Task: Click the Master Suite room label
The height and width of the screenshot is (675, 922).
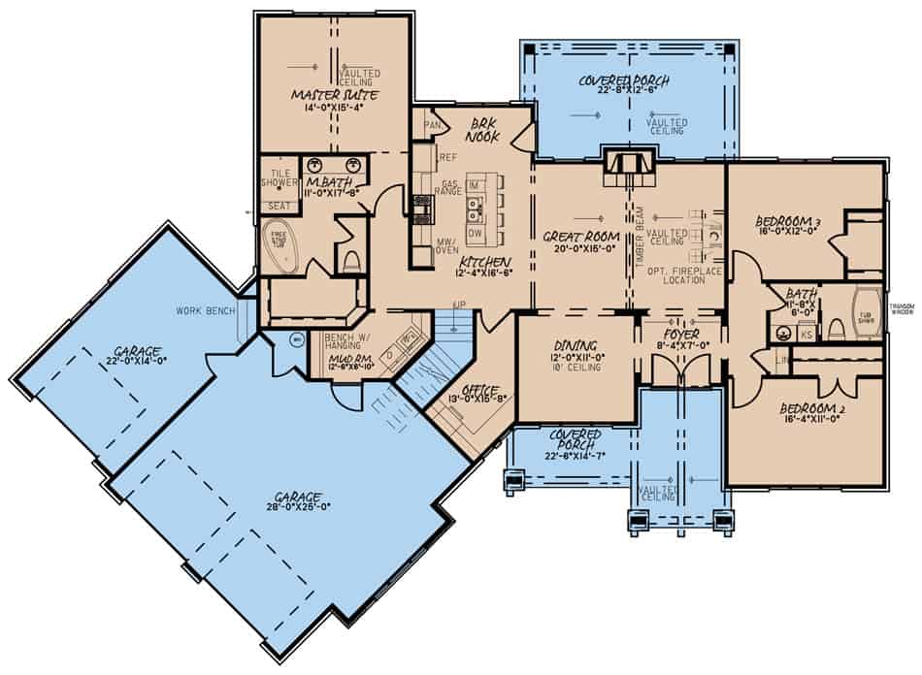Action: (332, 95)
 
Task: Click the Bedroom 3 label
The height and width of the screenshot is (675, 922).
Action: (788, 222)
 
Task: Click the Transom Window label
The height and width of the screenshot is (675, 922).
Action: (903, 310)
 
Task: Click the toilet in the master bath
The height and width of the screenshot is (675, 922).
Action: (352, 259)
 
